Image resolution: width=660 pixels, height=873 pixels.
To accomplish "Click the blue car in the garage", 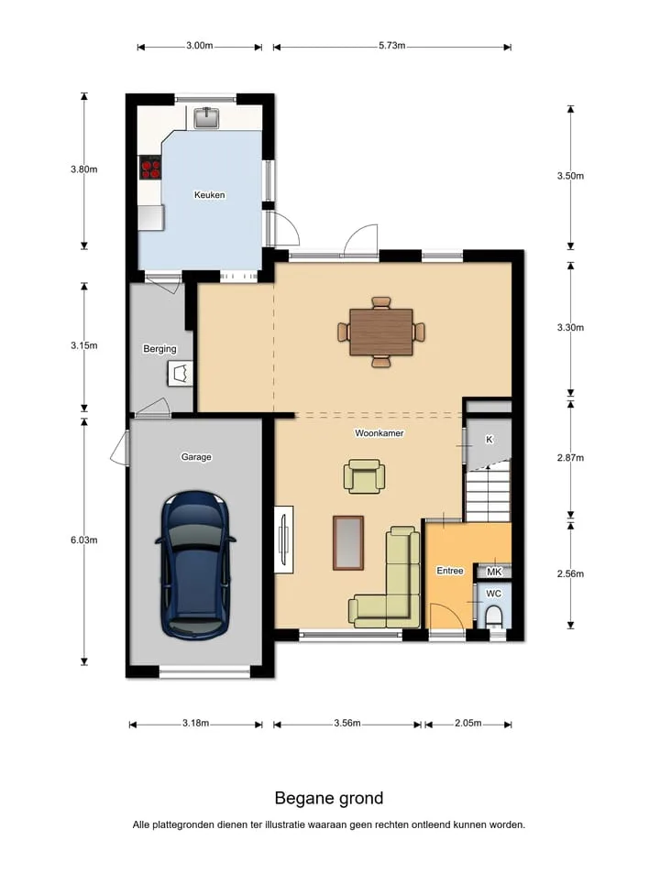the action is (195, 564).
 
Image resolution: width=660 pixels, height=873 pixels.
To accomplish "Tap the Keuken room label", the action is (209, 195).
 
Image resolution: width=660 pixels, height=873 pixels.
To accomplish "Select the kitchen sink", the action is (206, 117).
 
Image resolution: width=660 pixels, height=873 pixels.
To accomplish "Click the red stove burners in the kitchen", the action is (150, 167).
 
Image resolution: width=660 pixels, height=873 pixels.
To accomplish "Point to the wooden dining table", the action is (381, 332).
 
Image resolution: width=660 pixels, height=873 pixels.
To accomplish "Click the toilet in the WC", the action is (493, 616).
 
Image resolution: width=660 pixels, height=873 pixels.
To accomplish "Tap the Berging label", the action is (159, 349).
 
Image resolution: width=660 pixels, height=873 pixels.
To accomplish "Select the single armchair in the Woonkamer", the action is (364, 476).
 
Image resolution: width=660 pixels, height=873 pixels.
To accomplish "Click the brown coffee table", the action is (348, 543).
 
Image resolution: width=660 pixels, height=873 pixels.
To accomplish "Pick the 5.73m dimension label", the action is (392, 46).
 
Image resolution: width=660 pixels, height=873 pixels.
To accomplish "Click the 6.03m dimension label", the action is (84, 540).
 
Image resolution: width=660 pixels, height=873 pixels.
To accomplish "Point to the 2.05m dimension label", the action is (467, 724).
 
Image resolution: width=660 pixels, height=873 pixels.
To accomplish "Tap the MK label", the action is (494, 572).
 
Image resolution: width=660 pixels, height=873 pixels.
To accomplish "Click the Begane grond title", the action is (329, 799).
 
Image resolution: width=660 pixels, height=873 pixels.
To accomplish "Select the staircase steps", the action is (488, 492).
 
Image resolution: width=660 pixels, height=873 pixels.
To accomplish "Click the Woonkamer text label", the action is (379, 433).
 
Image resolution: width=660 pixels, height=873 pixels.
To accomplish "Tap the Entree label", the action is (450, 571).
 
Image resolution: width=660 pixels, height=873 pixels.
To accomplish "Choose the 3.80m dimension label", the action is (84, 169).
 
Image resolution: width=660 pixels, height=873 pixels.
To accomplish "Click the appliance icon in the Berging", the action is (180, 373).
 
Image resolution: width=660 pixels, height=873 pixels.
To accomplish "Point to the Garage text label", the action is (196, 457).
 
